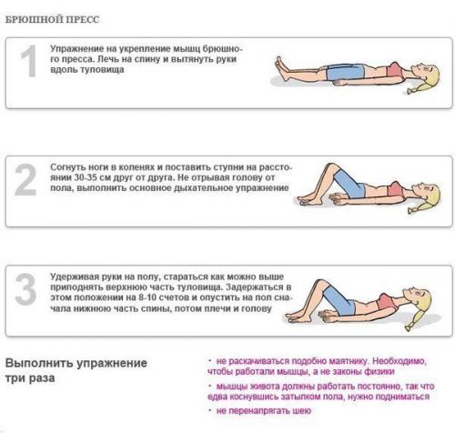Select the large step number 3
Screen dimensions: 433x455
click(29, 291)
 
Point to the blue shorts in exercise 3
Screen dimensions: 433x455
click(350, 306)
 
